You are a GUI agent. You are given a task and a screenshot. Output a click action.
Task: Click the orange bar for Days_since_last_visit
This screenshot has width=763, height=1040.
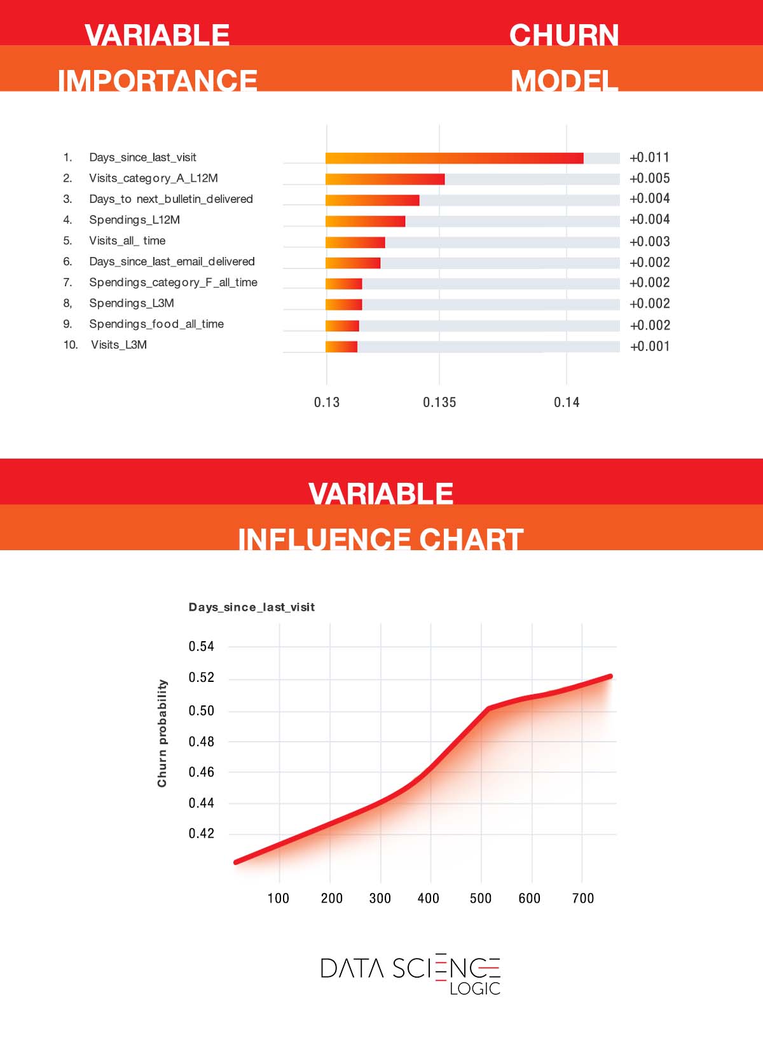point(454,158)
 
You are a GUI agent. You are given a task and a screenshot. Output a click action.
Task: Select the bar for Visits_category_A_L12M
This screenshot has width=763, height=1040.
point(385,179)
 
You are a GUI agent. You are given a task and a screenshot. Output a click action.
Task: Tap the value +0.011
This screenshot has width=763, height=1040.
point(649,158)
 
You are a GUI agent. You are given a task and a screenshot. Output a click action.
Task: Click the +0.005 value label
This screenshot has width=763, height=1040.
point(649,179)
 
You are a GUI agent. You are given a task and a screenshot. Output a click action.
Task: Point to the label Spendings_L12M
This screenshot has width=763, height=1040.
point(134,220)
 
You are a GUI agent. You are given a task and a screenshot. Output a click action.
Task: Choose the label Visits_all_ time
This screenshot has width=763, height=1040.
point(127,241)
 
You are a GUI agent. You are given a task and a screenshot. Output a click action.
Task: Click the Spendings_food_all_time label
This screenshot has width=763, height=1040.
point(156,324)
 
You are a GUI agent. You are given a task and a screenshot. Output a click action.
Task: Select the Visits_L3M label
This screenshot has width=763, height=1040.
point(119,345)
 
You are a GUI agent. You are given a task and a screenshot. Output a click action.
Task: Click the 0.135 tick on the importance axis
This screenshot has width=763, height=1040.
point(439,403)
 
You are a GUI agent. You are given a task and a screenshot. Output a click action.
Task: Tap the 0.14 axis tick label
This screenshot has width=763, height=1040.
point(567,403)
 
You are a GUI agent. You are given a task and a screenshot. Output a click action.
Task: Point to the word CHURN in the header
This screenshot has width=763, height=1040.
point(564,36)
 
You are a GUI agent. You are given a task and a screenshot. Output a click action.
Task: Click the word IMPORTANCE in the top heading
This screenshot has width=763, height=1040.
point(157,81)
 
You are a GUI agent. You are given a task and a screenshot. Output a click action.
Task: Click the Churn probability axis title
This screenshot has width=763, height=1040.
point(163,733)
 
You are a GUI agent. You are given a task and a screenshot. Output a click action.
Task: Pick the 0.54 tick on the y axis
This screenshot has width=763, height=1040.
point(202,647)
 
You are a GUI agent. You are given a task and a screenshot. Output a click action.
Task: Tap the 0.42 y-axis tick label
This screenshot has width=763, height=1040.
point(202,834)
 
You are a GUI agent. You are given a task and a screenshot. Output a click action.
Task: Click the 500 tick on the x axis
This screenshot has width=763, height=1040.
point(481,899)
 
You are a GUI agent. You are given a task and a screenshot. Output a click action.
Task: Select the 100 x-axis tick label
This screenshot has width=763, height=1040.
point(278,899)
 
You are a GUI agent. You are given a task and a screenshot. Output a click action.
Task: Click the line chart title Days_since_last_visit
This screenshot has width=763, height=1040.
point(252,607)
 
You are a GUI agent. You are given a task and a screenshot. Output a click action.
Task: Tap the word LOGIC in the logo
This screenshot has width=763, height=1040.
point(475,988)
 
